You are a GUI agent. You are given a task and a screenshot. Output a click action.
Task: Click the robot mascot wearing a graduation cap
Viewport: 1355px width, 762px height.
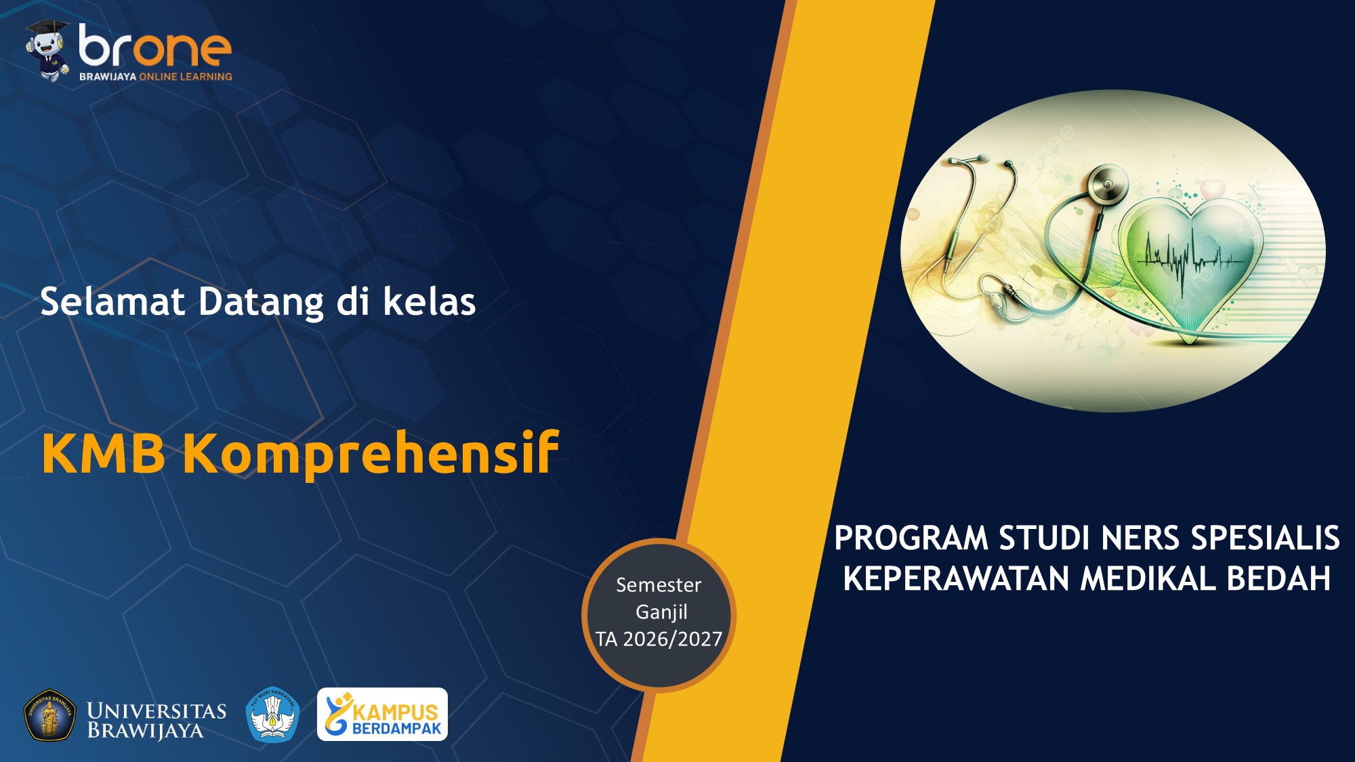(47, 51)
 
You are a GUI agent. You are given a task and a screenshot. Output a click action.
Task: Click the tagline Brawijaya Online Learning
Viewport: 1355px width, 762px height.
(155, 77)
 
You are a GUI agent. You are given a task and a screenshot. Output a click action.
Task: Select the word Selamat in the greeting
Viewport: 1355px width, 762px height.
(112, 301)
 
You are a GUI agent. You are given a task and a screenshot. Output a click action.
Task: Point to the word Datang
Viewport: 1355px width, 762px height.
(261, 301)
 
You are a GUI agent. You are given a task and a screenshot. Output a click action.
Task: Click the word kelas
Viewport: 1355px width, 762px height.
(430, 301)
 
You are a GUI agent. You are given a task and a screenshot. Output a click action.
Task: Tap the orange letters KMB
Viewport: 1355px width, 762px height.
(103, 452)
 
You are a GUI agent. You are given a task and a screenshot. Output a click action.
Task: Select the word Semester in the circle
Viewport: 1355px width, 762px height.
(659, 585)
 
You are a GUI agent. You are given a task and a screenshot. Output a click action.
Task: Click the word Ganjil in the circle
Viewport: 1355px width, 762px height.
(661, 612)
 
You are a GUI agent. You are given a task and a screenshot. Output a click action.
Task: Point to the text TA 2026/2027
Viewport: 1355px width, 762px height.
(659, 639)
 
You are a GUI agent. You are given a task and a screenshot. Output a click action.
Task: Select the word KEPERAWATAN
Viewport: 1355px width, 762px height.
(956, 579)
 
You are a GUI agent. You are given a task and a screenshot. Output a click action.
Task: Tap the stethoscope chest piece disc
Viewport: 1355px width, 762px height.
(1108, 184)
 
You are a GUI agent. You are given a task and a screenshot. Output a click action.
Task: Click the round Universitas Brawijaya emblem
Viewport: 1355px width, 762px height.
(49, 715)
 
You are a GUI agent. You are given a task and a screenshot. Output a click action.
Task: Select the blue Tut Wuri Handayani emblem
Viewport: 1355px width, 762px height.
(272, 715)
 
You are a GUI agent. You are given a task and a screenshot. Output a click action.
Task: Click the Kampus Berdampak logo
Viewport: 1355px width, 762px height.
(382, 715)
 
